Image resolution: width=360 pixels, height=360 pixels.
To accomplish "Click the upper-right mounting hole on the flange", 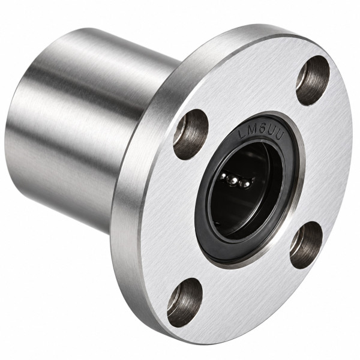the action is click(313, 80).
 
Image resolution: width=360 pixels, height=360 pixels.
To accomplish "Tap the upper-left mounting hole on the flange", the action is click(191, 134).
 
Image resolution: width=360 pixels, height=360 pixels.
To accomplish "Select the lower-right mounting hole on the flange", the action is click(307, 245).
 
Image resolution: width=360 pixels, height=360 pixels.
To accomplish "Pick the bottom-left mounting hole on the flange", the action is click(185, 302).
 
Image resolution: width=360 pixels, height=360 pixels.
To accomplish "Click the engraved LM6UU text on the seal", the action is click(261, 134).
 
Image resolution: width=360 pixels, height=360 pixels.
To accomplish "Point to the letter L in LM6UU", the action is click(242, 134).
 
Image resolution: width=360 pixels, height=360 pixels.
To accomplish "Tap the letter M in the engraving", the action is click(252, 133).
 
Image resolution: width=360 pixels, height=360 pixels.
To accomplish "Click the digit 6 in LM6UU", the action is click(262, 132).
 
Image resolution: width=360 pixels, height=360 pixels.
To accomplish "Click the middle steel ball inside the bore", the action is click(234, 182).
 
